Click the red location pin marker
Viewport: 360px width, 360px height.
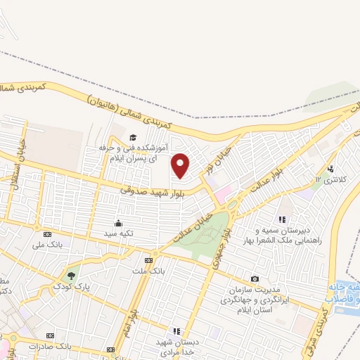(181, 165)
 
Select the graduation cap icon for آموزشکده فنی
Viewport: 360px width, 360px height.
(132, 137)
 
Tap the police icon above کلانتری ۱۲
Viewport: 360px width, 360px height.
(330, 169)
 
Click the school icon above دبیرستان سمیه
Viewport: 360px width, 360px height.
(283, 219)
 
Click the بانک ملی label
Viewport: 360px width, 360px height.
(47, 245)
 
